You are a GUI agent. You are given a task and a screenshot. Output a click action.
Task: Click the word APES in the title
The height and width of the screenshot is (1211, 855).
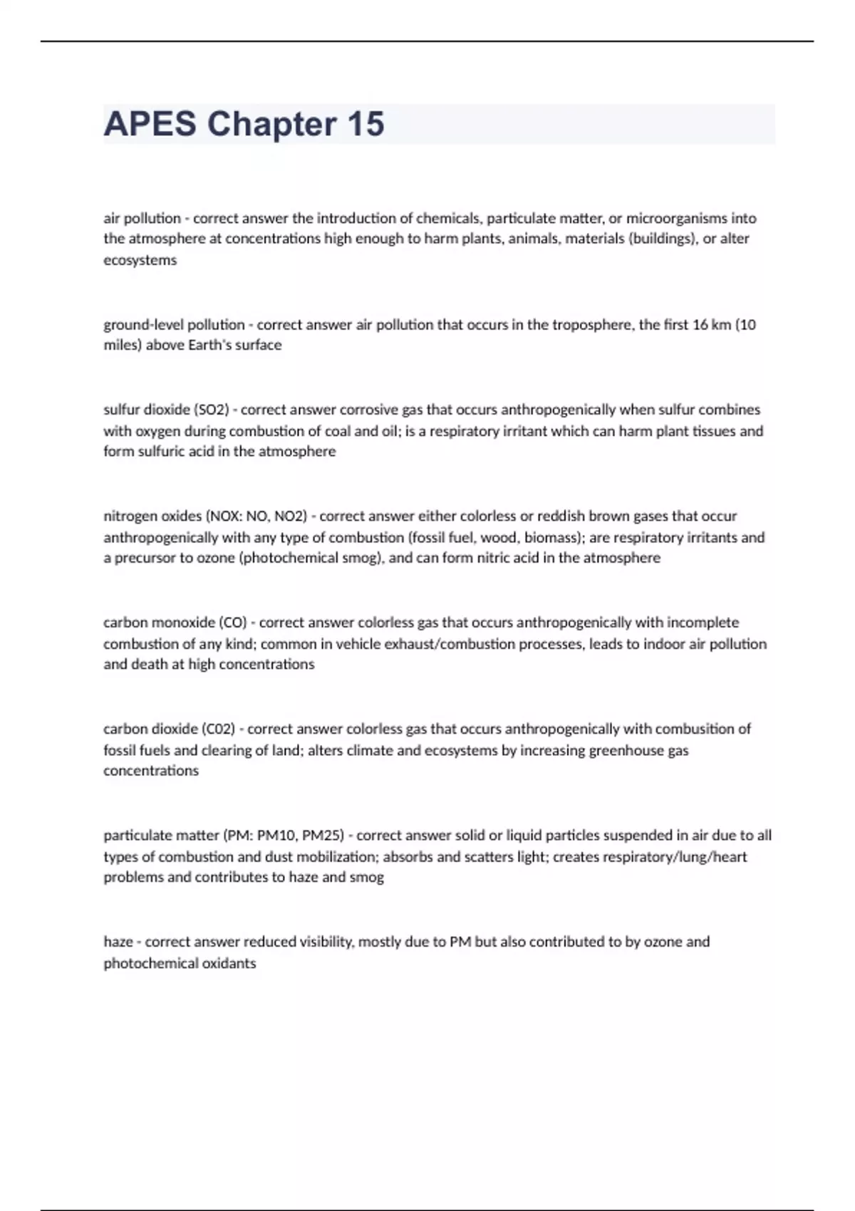pos(150,124)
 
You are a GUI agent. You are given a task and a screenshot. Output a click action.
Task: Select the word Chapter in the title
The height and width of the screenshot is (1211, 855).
pos(272,124)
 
